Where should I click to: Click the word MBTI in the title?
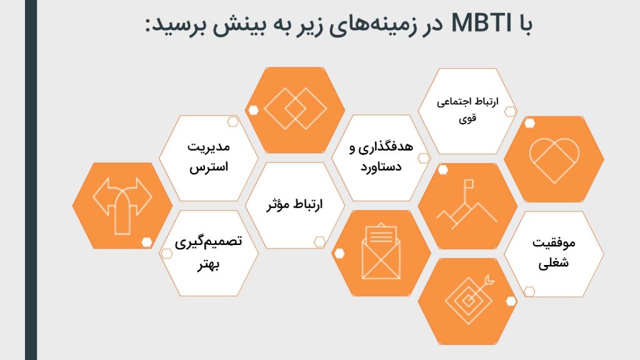(x=481, y=23)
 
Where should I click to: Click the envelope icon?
(x=381, y=251)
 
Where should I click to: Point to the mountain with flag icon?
(x=466, y=204)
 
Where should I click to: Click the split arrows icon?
(x=122, y=205)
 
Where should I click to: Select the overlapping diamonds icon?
(x=295, y=109)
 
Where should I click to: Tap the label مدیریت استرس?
(x=209, y=157)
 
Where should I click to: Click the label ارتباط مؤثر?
(x=295, y=204)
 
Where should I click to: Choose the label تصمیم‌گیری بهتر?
(x=209, y=253)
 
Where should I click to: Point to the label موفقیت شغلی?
(x=554, y=252)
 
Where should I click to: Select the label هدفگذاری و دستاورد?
(x=381, y=157)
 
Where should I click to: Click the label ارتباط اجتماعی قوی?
(x=467, y=109)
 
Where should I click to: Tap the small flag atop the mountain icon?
(x=469, y=184)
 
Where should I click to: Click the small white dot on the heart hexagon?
(x=529, y=123)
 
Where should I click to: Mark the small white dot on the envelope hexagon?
(x=339, y=254)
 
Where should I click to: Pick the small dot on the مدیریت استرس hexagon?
(x=232, y=122)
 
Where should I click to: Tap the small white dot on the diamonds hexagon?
(x=253, y=110)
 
